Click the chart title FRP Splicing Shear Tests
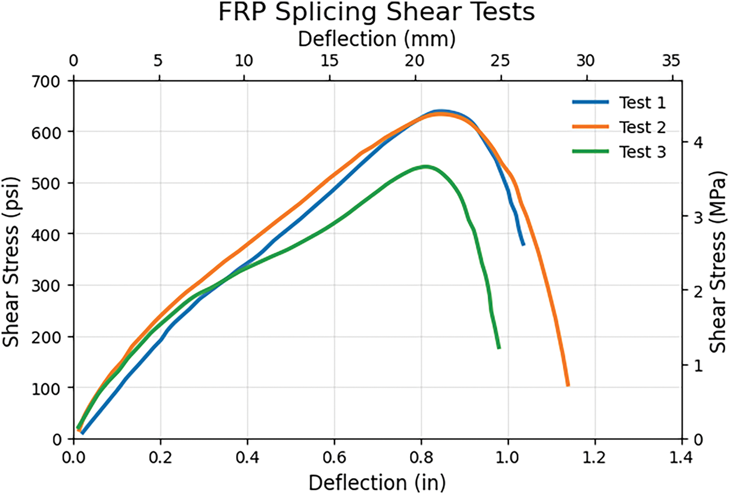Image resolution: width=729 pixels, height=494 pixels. pos(376,13)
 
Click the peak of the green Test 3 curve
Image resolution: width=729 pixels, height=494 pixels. pos(425,167)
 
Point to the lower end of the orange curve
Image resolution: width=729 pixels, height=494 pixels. pos(568,384)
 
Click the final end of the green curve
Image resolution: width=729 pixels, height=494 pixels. pos(498,347)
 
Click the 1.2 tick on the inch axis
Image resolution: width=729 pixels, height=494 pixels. pos(595,456)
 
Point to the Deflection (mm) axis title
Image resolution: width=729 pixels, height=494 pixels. pos(376,39)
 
